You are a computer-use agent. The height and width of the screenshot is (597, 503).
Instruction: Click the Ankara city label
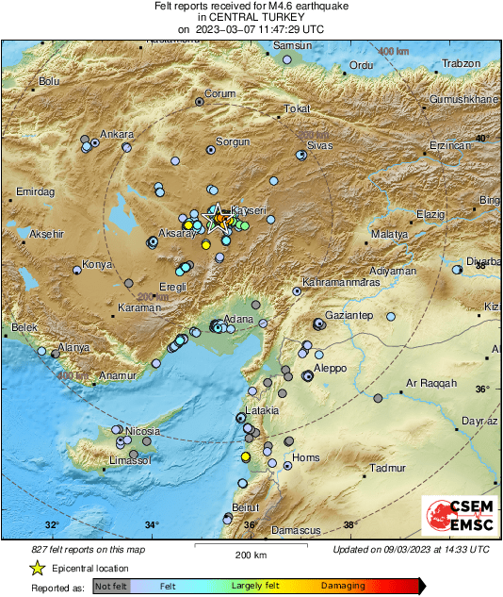click(x=117, y=134)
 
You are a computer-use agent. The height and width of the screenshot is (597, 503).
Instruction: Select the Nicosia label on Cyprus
click(x=130, y=431)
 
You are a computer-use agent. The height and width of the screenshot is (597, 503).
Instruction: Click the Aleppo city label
click(x=331, y=368)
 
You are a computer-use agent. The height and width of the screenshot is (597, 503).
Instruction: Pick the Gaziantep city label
click(x=349, y=314)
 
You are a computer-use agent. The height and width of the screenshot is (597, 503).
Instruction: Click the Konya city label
click(x=97, y=265)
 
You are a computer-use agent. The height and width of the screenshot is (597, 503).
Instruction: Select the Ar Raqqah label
click(x=430, y=383)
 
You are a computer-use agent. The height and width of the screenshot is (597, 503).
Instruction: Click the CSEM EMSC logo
click(x=456, y=518)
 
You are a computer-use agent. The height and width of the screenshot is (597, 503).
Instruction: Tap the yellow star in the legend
click(x=37, y=569)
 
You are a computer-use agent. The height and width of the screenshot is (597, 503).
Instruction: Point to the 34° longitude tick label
click(x=151, y=525)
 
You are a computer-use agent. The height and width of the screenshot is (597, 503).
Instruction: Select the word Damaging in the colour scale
click(x=343, y=586)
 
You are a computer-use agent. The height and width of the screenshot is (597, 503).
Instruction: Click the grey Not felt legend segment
click(x=113, y=586)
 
